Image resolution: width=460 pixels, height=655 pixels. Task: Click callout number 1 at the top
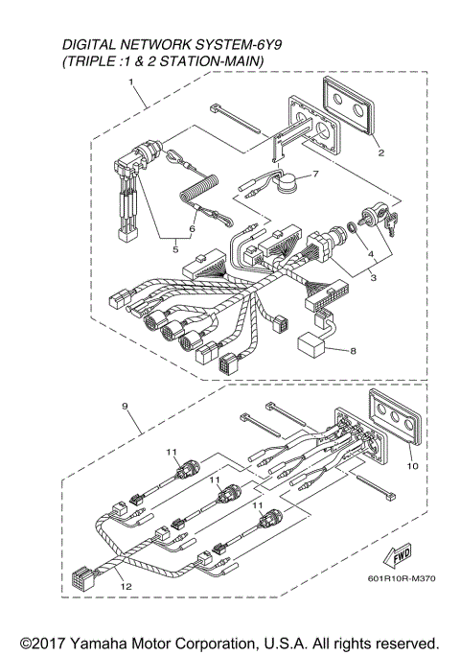[131, 83]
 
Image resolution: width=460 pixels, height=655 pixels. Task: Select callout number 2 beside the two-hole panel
[380, 152]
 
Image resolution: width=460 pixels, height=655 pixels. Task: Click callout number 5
[174, 249]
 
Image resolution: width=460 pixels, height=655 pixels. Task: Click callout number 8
[352, 350]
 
